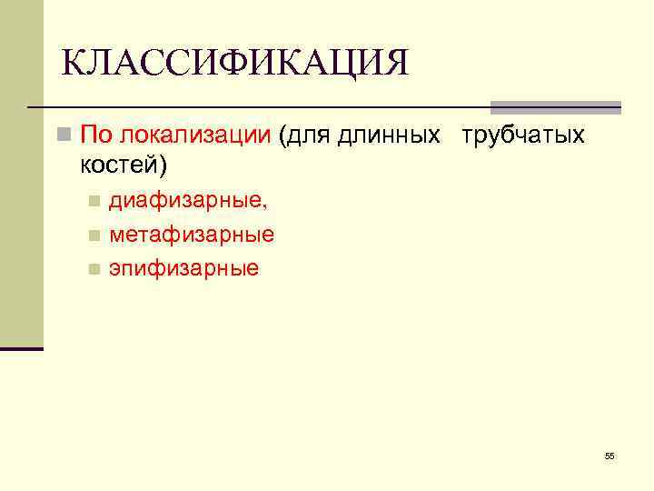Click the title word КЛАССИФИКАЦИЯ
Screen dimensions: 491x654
click(x=235, y=63)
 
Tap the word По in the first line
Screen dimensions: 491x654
click(x=94, y=136)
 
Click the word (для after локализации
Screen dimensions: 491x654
click(x=304, y=136)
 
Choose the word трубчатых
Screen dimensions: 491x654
click(x=522, y=136)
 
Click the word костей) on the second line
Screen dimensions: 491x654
click(x=124, y=165)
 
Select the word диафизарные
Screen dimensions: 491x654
click(x=185, y=201)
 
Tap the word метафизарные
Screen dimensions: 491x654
click(x=192, y=235)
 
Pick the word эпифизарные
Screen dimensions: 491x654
click(x=183, y=268)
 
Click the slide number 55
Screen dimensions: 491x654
click(x=609, y=456)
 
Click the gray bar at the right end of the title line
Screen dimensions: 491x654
click(x=555, y=106)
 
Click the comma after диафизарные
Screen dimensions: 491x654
click(x=264, y=207)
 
